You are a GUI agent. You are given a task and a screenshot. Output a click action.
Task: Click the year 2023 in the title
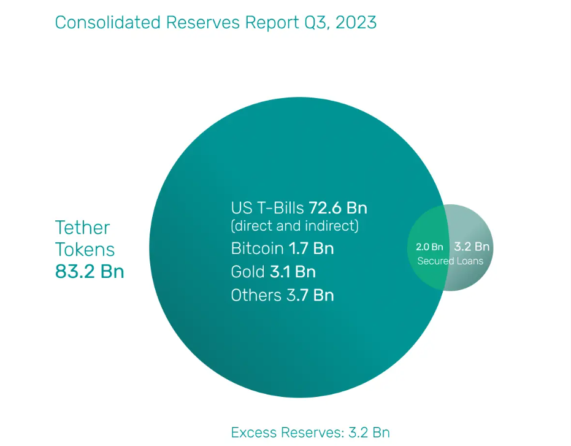356,23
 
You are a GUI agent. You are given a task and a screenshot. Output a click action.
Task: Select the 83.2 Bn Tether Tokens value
90,271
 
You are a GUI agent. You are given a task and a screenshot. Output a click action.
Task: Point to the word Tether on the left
83,228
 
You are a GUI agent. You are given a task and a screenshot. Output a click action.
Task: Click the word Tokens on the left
85,249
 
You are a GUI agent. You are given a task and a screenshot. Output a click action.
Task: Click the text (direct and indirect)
294,225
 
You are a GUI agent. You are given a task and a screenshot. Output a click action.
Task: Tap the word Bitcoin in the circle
257,248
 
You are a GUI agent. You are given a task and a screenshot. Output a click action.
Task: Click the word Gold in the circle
247,271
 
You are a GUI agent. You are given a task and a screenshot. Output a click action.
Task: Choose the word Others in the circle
256,294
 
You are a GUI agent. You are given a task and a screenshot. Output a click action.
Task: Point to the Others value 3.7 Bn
310,294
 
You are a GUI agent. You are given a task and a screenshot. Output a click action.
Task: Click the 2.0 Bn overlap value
429,247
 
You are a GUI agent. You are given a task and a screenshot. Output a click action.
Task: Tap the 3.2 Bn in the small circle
472,247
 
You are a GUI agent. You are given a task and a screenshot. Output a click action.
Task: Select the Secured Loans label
450,261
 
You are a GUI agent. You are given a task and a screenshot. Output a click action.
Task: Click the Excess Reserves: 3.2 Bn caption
310,432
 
